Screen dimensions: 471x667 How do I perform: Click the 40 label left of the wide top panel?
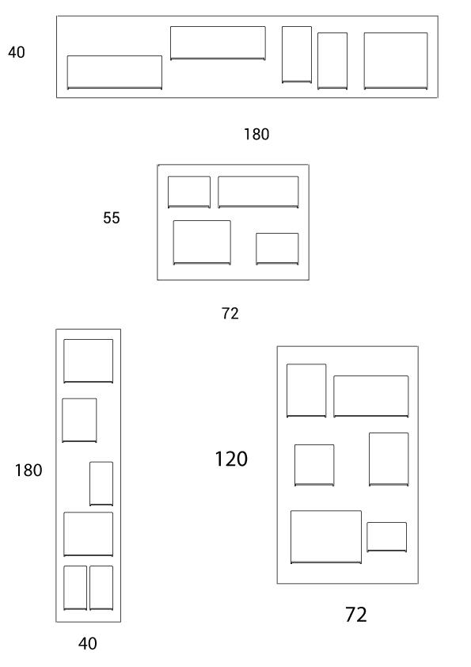click(16, 52)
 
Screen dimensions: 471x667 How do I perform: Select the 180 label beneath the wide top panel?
click(256, 135)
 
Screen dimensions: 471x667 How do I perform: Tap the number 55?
click(112, 218)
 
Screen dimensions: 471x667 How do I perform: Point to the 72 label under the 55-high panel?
click(230, 314)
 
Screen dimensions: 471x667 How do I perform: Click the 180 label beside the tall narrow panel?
click(28, 471)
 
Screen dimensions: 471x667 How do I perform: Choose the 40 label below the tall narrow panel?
click(88, 643)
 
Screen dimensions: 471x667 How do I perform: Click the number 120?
click(231, 459)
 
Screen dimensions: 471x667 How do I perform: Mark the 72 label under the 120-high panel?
click(355, 615)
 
